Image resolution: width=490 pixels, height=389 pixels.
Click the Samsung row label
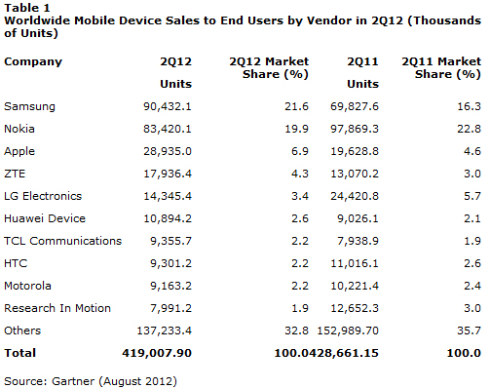pos(29,106)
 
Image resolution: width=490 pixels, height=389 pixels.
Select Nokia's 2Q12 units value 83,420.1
pos(168,129)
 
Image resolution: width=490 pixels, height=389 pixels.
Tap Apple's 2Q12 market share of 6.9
pos(300,151)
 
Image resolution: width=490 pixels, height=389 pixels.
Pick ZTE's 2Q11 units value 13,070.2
pos(355,174)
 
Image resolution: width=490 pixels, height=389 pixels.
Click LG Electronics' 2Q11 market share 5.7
pos(472,196)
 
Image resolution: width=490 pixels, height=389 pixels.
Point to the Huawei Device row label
pos(45,218)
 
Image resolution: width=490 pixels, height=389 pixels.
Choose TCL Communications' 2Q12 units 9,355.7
pos(170,241)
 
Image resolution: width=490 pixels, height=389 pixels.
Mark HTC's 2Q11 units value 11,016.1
pos(355,263)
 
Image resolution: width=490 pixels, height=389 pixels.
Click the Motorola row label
pos(27,286)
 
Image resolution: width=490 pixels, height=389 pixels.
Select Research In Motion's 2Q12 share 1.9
pos(300,308)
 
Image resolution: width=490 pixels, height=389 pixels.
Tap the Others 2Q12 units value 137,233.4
pos(165,331)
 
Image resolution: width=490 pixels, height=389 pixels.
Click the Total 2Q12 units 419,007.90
pos(157,353)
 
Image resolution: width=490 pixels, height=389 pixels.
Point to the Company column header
pos(33,61)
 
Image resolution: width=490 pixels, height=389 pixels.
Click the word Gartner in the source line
pos(73,381)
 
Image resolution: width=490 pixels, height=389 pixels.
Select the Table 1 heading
pos(27,8)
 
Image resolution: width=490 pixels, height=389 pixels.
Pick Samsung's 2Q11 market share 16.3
pos(469,106)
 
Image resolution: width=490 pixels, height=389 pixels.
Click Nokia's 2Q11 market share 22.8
pos(469,129)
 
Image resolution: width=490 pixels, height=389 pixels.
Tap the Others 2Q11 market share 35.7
pos(469,331)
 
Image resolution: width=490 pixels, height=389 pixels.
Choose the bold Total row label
pos(19,353)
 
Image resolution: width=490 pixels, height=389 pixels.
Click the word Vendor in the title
pos(329,20)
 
